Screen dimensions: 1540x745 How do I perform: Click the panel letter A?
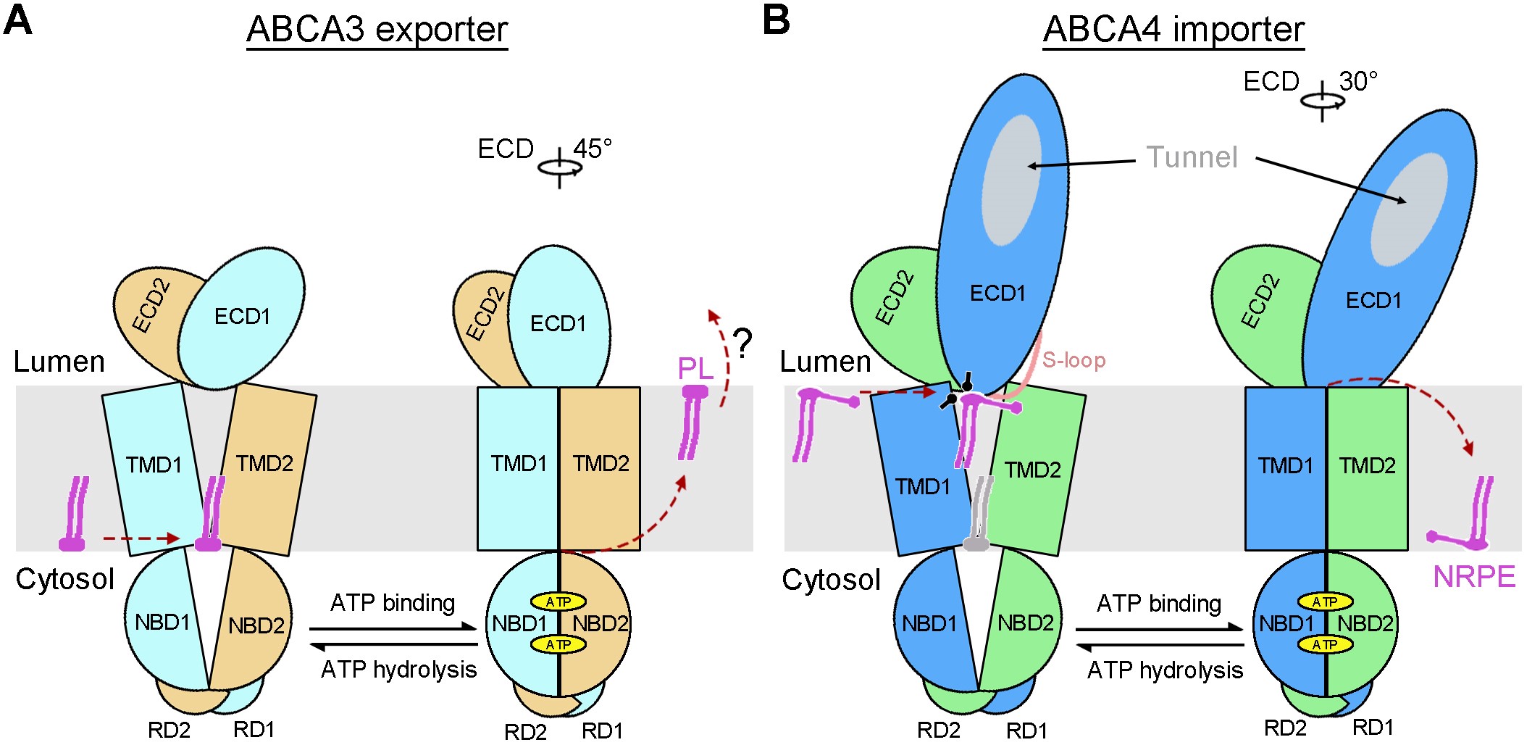[18, 20]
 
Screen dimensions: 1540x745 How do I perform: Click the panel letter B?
[776, 20]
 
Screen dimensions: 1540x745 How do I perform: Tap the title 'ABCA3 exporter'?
[377, 30]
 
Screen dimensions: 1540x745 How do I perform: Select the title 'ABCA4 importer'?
[1173, 30]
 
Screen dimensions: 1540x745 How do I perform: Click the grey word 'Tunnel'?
[1192, 157]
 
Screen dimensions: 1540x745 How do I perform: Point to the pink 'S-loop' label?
[1074, 360]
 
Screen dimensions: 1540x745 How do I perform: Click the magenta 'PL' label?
[695, 369]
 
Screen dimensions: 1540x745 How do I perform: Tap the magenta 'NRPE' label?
[1474, 577]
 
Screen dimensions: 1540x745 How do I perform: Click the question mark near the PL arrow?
[742, 344]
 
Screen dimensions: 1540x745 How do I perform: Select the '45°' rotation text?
[593, 149]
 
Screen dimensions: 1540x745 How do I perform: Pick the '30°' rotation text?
[1358, 81]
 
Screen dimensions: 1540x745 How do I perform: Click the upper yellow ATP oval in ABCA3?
[558, 602]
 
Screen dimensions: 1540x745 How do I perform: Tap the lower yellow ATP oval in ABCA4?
[1325, 644]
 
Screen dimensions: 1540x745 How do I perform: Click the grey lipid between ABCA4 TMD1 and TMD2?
[979, 514]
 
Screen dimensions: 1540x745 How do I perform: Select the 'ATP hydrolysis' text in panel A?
[398, 669]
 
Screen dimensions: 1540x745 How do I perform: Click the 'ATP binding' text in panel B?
[1159, 603]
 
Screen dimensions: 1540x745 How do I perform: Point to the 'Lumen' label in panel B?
[825, 361]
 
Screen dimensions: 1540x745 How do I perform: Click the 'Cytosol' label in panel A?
[65, 579]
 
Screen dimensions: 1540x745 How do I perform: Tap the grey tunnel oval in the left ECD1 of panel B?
[1012, 180]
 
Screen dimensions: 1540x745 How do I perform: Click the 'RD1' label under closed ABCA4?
[1373, 727]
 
